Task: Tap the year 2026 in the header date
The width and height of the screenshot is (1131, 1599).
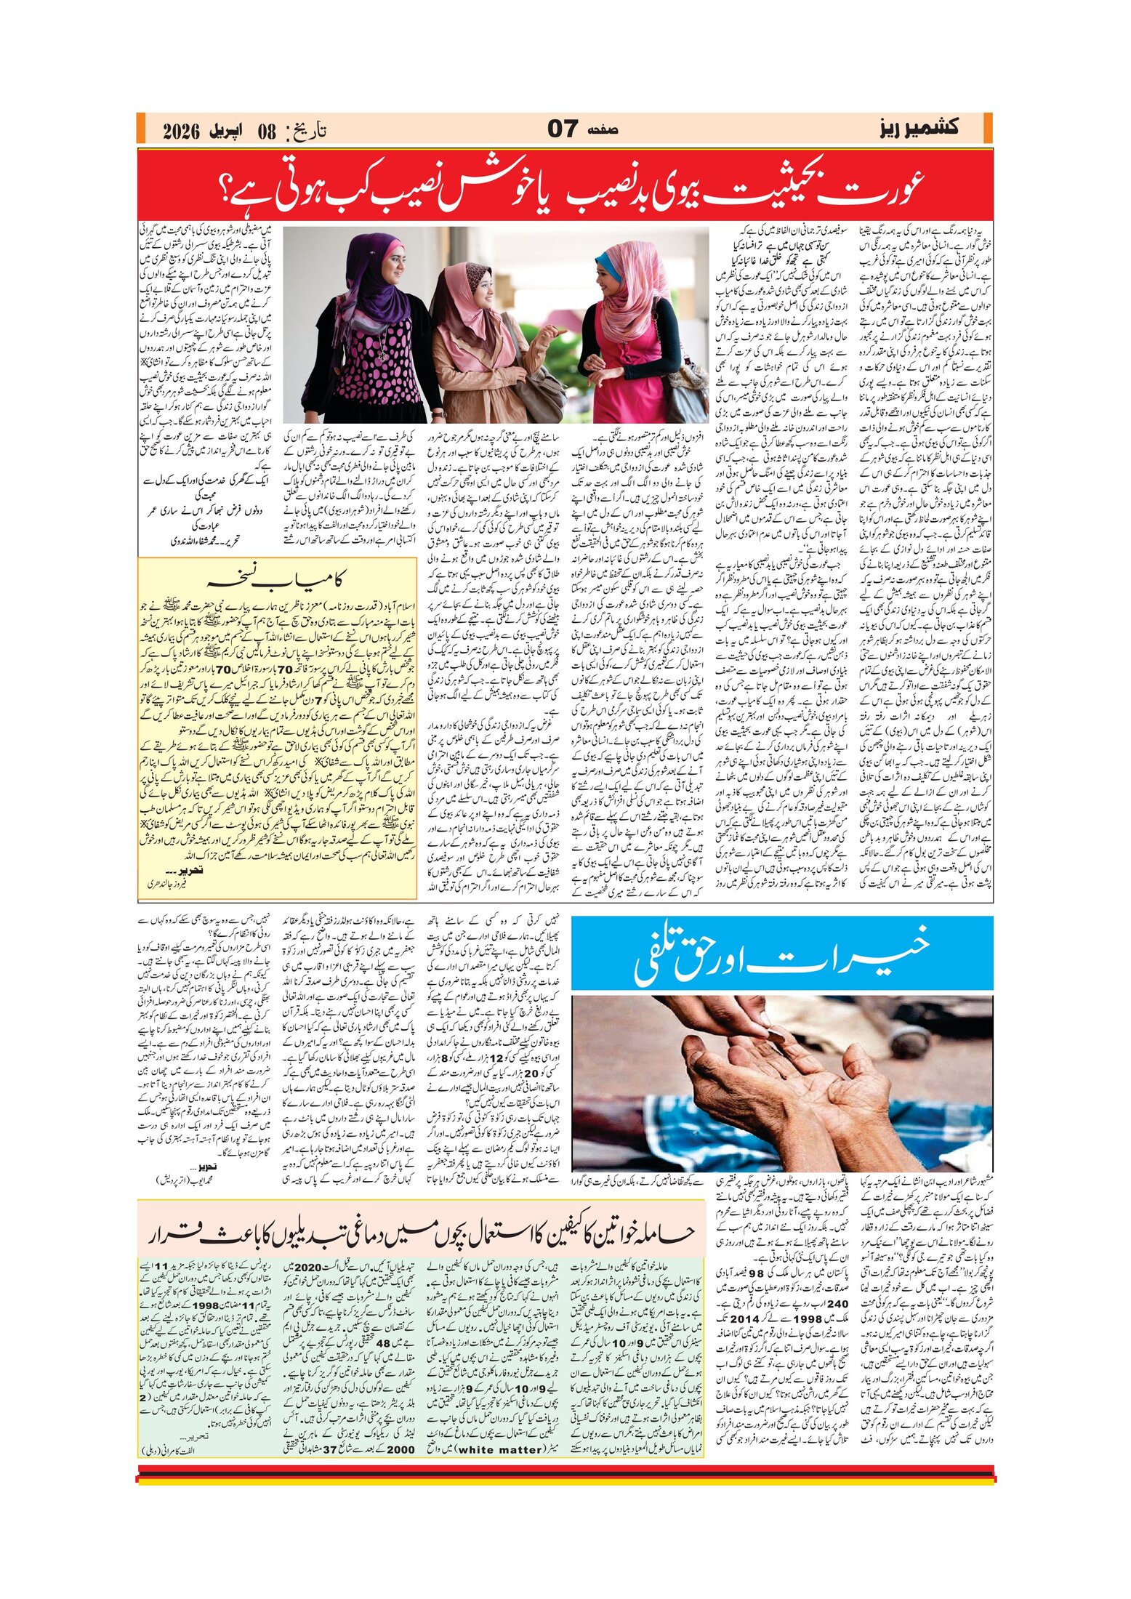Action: click(182, 132)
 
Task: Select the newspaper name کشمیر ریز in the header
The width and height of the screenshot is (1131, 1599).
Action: click(918, 129)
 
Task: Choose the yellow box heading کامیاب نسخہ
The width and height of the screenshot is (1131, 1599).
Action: click(276, 579)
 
